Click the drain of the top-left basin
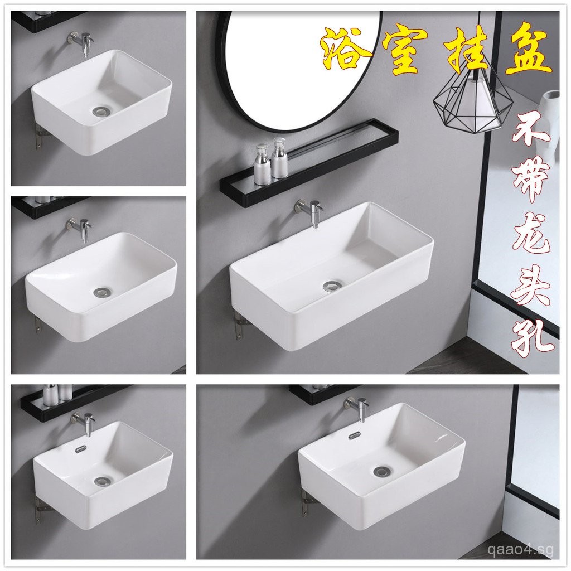pos(100,112)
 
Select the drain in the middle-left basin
pos(102,291)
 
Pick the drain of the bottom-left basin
pos(102,480)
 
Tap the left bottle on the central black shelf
pos(262,164)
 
